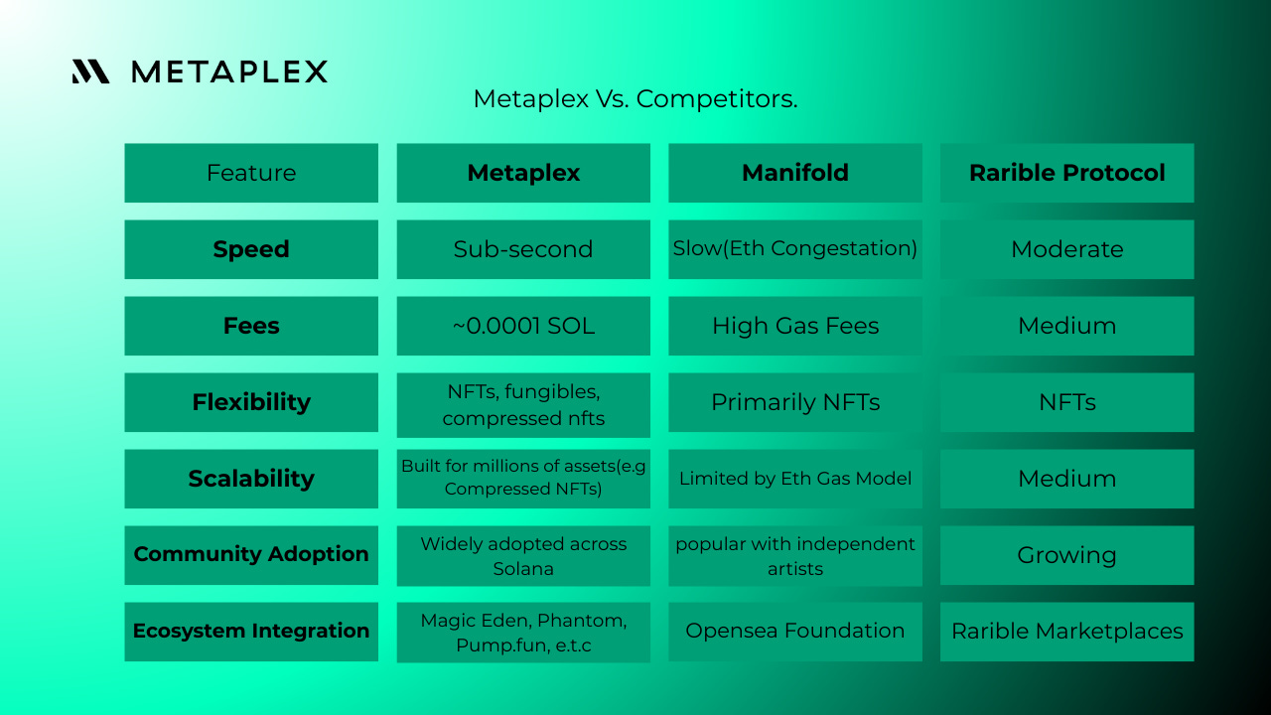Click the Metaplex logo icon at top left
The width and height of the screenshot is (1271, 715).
click(90, 71)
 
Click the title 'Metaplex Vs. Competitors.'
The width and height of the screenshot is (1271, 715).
click(635, 99)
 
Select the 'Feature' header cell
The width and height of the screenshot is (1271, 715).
click(251, 173)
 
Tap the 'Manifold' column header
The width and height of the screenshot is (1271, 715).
click(794, 173)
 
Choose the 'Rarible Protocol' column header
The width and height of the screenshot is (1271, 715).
click(1066, 173)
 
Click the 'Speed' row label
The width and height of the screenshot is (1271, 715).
click(251, 249)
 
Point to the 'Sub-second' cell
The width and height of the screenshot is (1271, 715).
click(523, 249)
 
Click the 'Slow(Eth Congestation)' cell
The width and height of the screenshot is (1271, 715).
click(794, 249)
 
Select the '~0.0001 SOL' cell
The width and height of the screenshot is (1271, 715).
click(523, 326)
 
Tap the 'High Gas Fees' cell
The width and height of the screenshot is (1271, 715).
click(794, 326)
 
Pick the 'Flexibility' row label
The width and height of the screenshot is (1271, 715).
click(251, 402)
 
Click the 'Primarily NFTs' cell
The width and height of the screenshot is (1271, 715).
click(794, 402)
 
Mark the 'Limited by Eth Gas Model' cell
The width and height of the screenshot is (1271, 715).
click(794, 479)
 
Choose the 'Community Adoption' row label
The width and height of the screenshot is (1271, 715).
click(251, 554)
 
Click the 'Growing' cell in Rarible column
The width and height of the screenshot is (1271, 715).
click(1066, 555)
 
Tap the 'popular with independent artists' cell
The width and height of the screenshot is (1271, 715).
click(794, 556)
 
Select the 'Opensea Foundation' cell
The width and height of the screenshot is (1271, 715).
click(794, 631)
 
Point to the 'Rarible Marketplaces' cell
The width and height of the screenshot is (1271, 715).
click(1066, 632)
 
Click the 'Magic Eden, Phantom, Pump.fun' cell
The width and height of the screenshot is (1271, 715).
click(523, 633)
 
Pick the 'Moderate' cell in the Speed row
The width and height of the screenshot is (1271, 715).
click(1066, 249)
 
